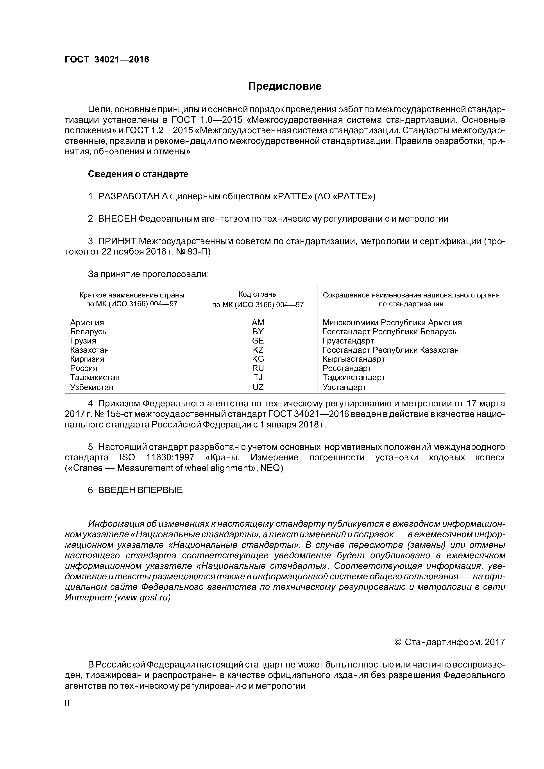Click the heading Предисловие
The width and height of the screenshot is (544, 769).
285,86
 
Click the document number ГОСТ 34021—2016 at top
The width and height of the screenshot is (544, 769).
107,60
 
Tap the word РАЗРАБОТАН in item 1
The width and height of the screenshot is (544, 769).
129,196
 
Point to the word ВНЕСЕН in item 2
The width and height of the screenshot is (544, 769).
117,219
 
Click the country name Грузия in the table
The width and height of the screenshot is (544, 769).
83,341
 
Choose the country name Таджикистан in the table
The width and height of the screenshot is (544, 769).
95,377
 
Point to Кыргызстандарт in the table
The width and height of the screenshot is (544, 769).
354,359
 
